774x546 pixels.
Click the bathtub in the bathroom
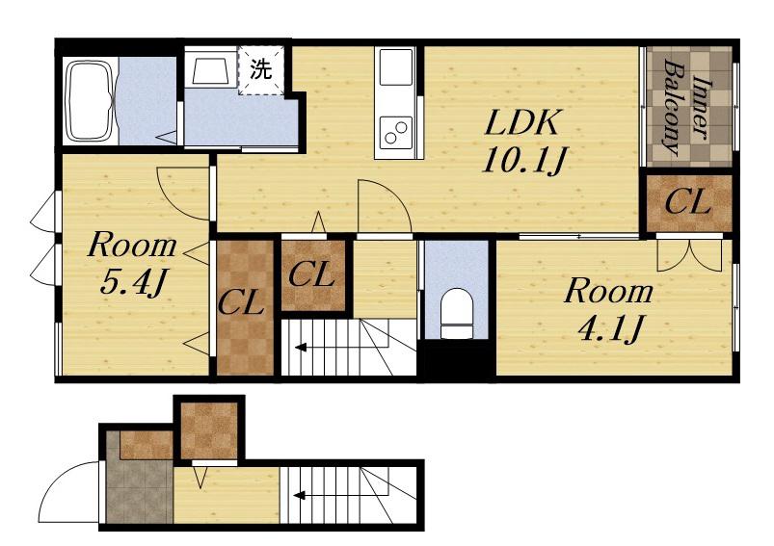tap(91, 100)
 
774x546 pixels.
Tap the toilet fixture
tap(456, 313)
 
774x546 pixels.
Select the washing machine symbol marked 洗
tap(260, 69)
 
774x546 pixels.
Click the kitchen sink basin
tap(395, 67)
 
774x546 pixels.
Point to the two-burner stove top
tap(395, 132)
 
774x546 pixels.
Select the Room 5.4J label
tap(132, 264)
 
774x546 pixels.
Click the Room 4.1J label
tap(608, 309)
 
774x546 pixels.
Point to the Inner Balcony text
tap(687, 106)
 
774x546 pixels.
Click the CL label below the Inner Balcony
tap(687, 202)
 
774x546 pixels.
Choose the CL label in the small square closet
tap(311, 274)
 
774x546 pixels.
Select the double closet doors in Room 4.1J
tap(689, 255)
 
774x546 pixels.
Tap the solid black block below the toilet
tap(457, 361)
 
